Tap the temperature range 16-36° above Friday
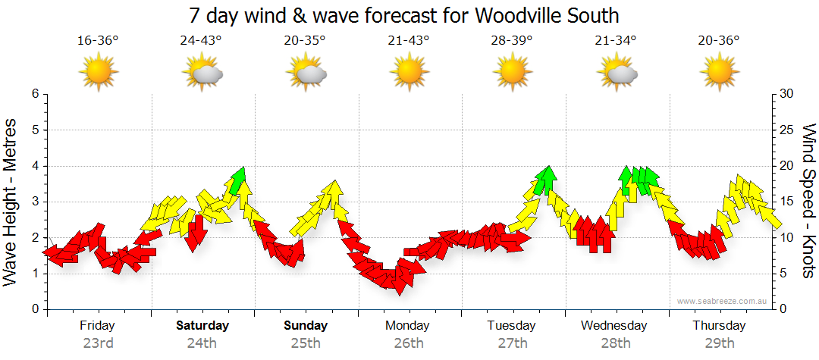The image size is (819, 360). pos(98,40)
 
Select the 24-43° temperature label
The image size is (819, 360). pos(201,40)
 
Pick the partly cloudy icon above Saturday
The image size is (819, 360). pos(202,73)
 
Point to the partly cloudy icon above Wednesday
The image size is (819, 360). pos(616,73)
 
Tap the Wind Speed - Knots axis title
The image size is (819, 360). pos(808,201)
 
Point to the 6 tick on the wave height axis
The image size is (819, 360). pos(34,94)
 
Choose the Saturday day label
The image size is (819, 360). pos(202,326)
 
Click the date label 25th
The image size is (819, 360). pos(306,343)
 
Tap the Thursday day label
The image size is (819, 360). pos(719,326)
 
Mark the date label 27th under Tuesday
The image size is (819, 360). pos(513,343)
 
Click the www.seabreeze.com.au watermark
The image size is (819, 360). pos(723,301)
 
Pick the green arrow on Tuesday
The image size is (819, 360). pos(545,180)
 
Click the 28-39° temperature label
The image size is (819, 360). pos(512,40)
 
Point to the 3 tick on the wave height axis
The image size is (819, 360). pos(34,202)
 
